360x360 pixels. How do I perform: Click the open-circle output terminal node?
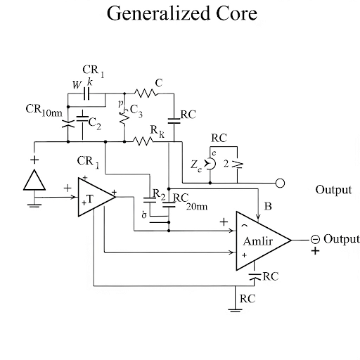[x=280, y=184]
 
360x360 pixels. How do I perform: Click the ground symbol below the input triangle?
[x=33, y=204]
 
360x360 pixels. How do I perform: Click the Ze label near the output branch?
[x=196, y=166]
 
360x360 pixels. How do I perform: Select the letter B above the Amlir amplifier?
[x=267, y=206]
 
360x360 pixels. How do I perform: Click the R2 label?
[x=159, y=195]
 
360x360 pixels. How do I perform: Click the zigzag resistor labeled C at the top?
[x=145, y=92]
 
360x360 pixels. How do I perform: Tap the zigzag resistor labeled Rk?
[x=144, y=141]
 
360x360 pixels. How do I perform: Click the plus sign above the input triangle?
[x=33, y=160]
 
